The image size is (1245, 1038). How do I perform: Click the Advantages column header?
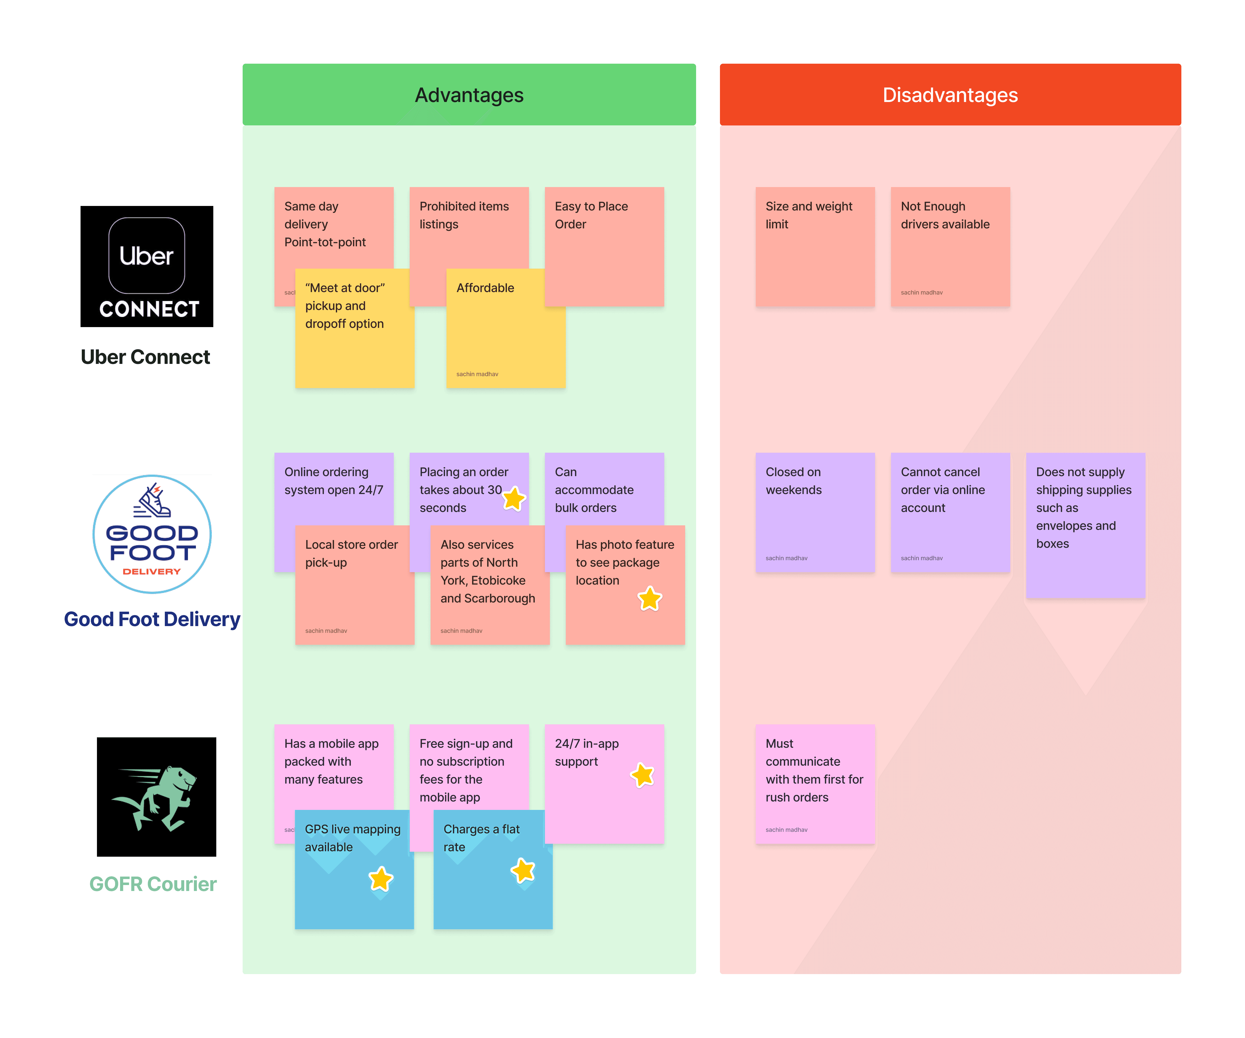click(469, 95)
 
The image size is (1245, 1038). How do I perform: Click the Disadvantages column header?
click(950, 95)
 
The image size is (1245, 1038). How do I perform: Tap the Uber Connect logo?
click(146, 266)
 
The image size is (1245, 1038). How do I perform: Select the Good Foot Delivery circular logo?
click(152, 534)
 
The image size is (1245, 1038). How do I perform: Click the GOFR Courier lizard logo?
click(157, 796)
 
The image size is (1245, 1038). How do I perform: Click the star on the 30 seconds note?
click(513, 499)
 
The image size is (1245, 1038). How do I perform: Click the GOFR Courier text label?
click(153, 884)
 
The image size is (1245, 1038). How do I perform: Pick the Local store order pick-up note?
click(355, 587)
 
